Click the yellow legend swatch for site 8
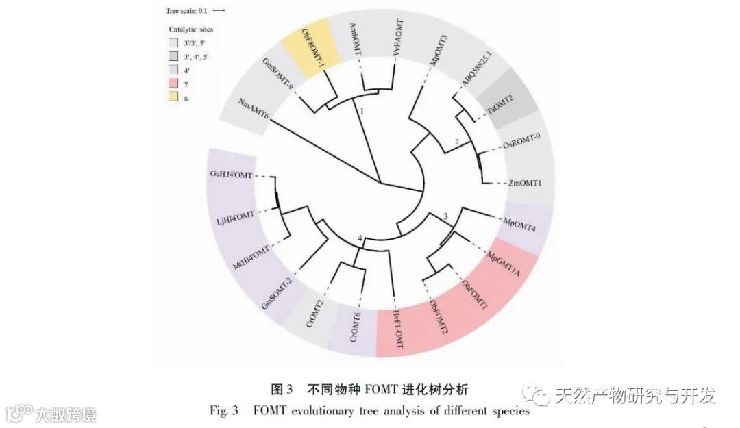pos(173,98)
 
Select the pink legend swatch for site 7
pos(173,84)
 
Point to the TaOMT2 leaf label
pos(501,110)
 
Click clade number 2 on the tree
pos(457,142)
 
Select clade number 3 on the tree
pos(446,217)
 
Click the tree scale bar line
pos(219,10)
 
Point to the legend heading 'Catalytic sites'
pos(191,29)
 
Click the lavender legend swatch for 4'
pos(173,70)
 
